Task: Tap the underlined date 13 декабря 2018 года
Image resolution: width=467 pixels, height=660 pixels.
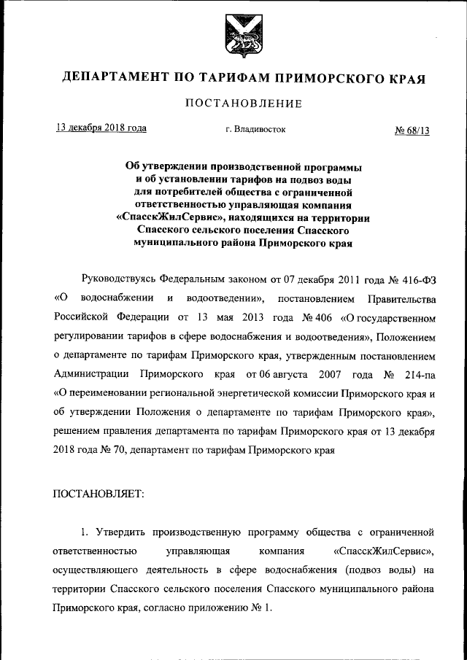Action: pos(102,128)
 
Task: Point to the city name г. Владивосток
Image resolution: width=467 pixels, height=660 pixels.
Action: pos(255,129)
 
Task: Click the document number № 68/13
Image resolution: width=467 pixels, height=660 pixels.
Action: pos(413,130)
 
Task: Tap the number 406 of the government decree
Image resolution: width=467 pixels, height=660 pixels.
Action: pos(304,318)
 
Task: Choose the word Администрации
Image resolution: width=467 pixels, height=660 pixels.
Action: pos(91,375)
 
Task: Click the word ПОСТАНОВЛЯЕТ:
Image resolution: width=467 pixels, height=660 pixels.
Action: pos(99,494)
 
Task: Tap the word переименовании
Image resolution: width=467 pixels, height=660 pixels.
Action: pos(107,394)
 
